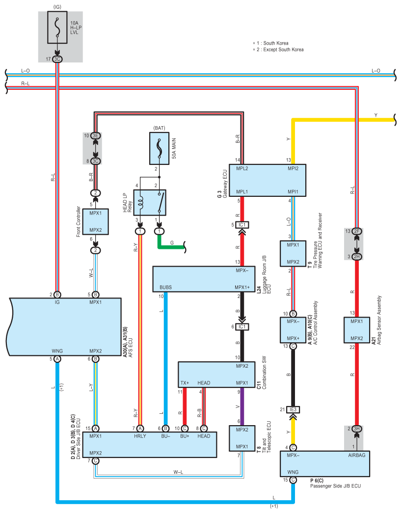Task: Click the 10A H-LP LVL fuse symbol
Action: point(57,27)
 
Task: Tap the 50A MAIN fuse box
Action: point(160,148)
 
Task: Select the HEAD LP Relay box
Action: point(150,203)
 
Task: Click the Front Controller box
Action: point(95,222)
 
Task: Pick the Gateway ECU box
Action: point(267,180)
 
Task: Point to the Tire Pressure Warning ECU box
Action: point(293,254)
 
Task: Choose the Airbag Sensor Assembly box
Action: point(356,330)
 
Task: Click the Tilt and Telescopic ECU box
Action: point(242,438)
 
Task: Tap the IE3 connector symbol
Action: point(293,409)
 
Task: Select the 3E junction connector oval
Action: point(96,135)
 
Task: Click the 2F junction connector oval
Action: point(357,231)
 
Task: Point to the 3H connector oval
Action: point(357,429)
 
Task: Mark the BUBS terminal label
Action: point(165,287)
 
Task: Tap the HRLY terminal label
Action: point(140,436)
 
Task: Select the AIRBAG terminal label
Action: point(357,455)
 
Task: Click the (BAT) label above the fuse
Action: point(160,128)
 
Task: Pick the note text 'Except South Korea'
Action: point(283,50)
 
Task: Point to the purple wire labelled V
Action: point(242,406)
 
